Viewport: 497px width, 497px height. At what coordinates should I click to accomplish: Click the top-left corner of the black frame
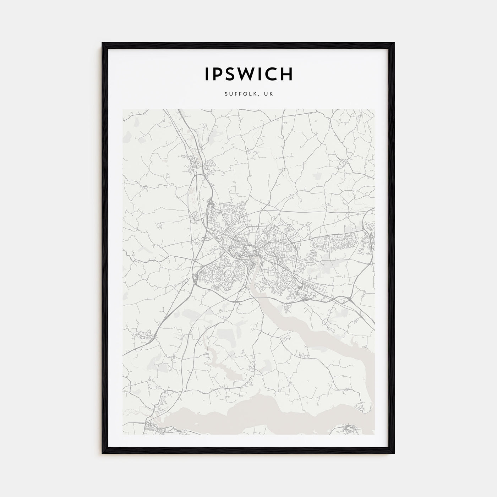103,43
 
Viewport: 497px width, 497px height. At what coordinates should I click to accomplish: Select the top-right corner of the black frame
394,43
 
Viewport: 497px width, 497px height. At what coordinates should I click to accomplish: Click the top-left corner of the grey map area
123,109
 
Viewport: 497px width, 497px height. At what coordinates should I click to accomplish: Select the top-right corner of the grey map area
375,109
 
